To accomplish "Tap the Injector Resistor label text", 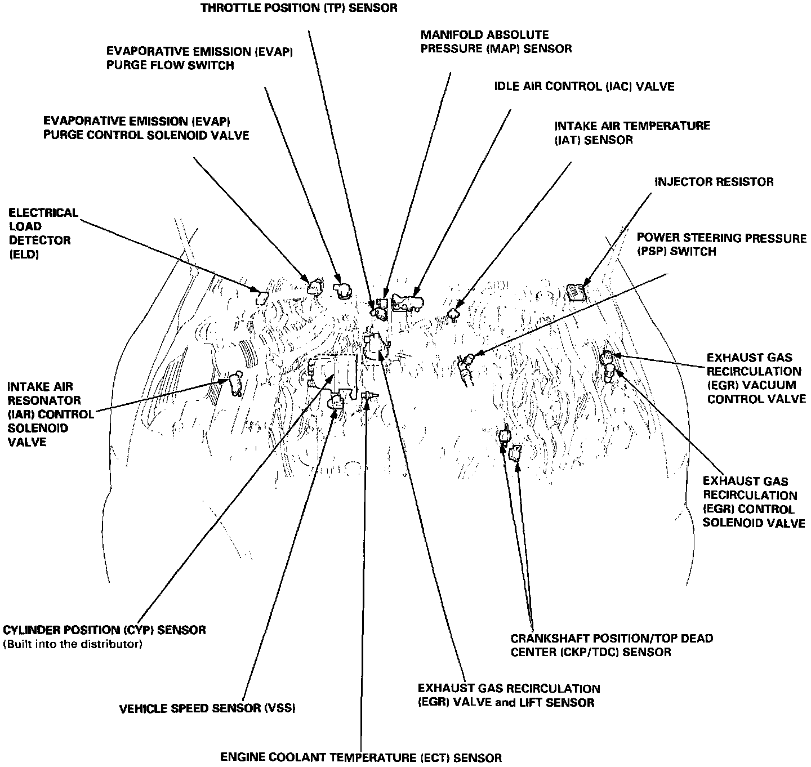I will click(714, 182).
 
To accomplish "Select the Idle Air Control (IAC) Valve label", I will click(584, 87).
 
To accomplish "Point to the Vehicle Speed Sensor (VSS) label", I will click(207, 708).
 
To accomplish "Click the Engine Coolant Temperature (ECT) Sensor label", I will click(360, 757).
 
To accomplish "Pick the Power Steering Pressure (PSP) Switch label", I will click(721, 245).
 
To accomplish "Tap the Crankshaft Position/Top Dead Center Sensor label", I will click(612, 645).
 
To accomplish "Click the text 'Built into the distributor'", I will click(73, 644).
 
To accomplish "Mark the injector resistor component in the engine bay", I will click(577, 292).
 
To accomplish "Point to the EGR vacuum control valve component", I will click(606, 357).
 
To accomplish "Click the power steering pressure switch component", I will click(467, 360).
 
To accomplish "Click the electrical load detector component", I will click(261, 297).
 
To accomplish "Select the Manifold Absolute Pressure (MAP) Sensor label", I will click(496, 42).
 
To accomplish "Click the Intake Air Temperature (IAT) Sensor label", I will click(632, 132).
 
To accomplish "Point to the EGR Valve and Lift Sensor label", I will click(509, 695).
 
